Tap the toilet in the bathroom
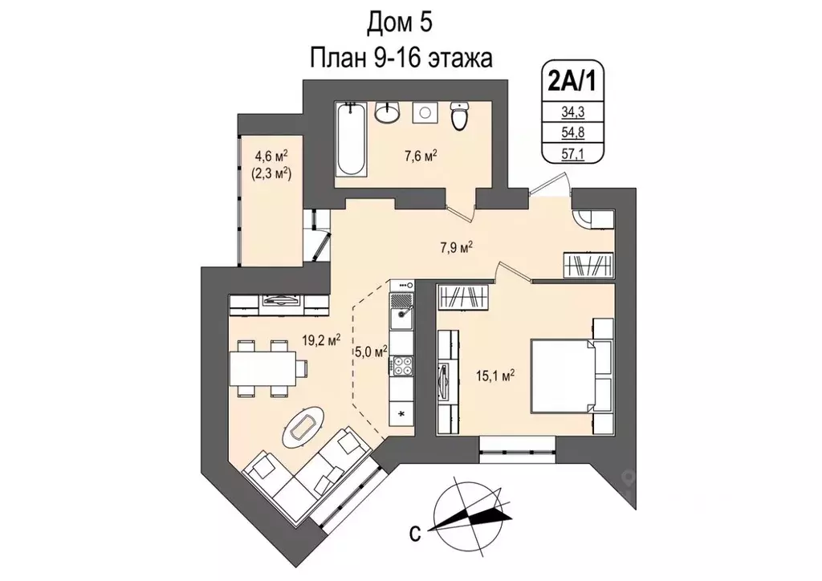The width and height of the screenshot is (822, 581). [x=459, y=116]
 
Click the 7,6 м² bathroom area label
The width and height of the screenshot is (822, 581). [x=421, y=156]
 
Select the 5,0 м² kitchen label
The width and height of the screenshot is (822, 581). [x=371, y=351]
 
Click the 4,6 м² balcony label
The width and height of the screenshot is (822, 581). [x=271, y=156]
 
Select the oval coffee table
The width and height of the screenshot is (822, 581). [x=303, y=427]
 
